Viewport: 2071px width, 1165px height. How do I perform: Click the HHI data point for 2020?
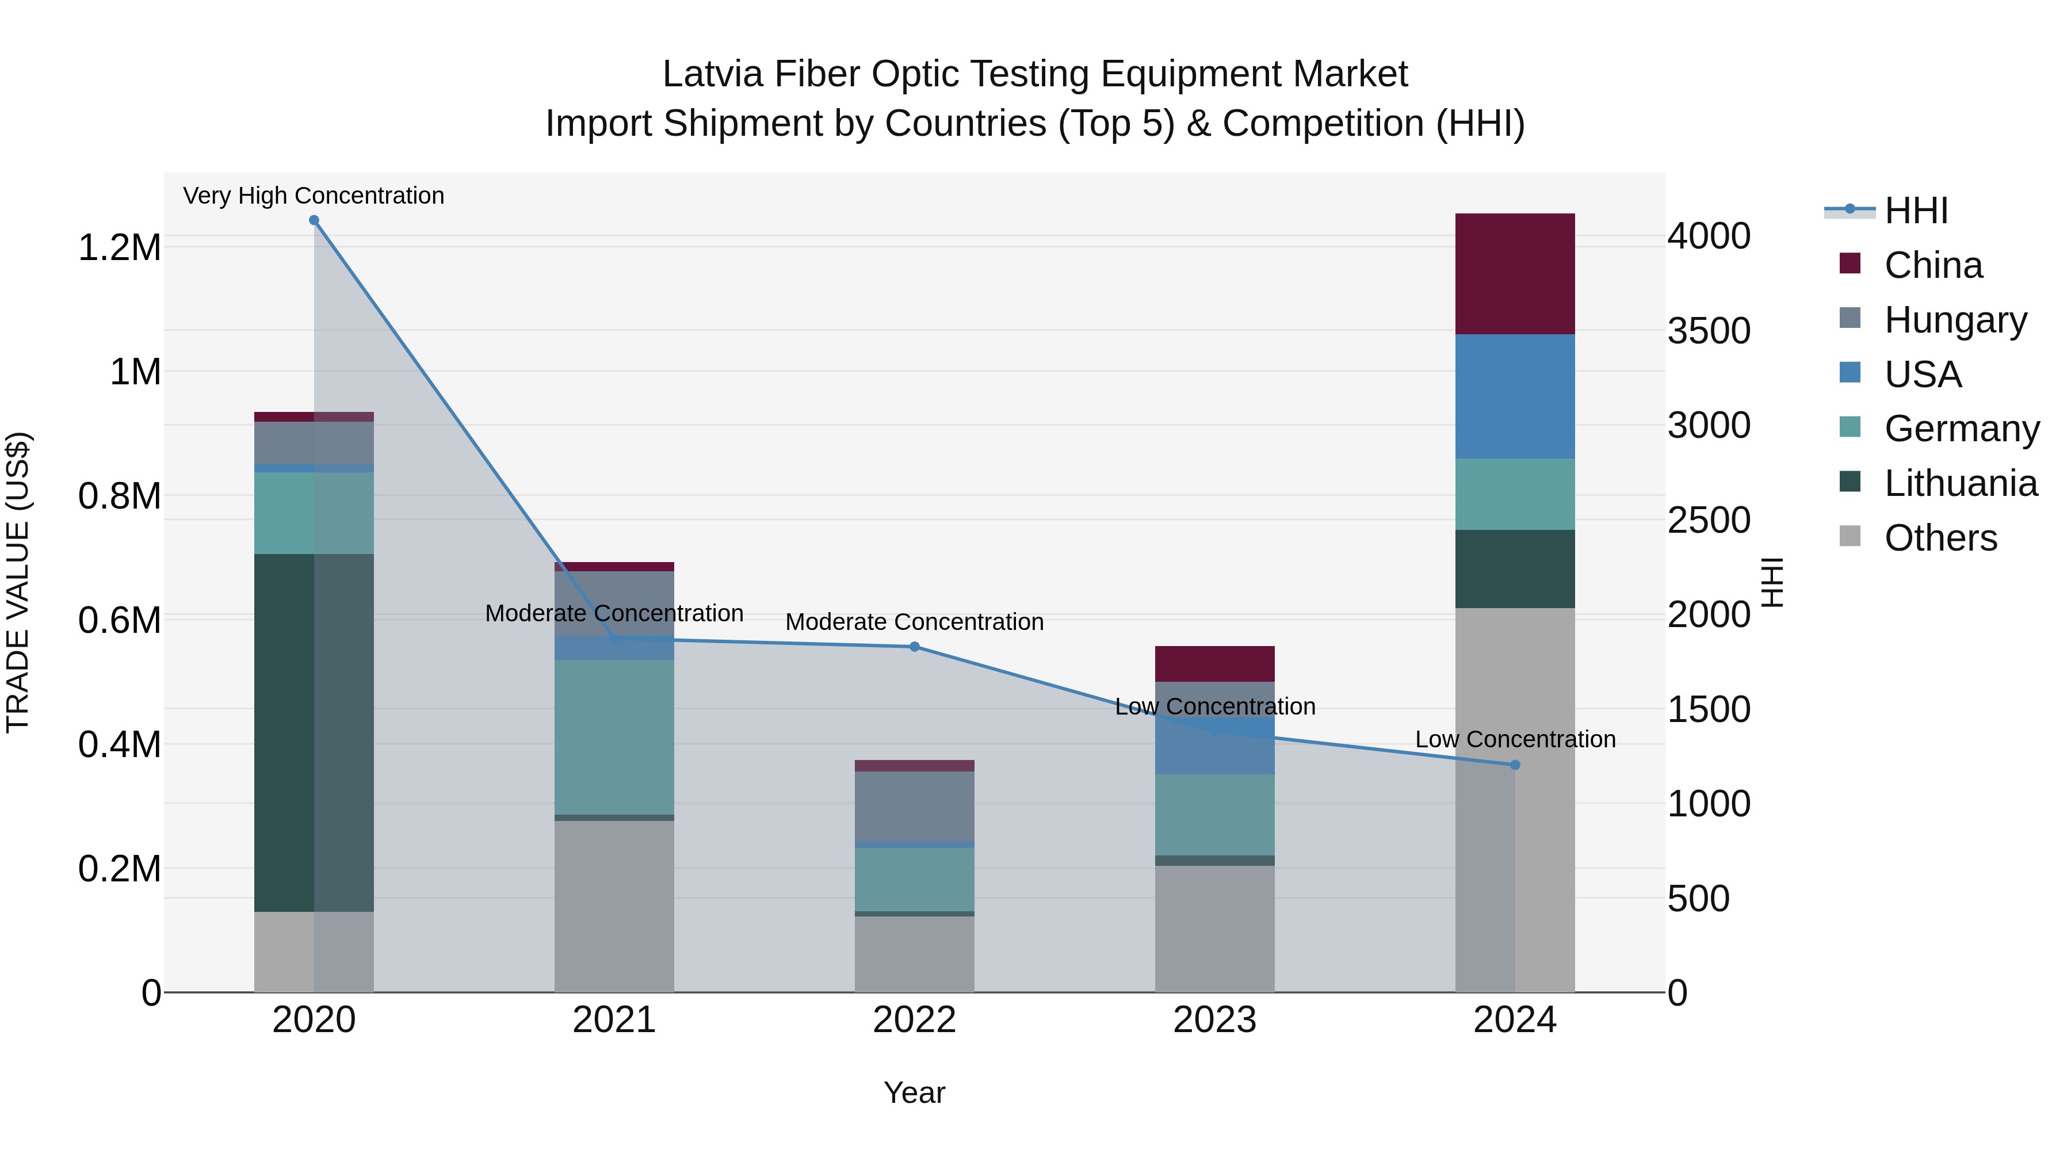click(x=314, y=220)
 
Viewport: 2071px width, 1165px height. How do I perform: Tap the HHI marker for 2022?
click(x=914, y=647)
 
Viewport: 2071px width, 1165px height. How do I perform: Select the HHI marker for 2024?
click(x=1515, y=765)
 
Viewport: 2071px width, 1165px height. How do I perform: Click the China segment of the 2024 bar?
click(x=1515, y=273)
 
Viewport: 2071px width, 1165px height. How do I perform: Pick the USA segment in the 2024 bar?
click(x=1515, y=396)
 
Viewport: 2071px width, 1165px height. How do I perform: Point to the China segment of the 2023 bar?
click(x=1215, y=663)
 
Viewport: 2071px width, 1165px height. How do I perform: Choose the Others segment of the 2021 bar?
click(x=614, y=906)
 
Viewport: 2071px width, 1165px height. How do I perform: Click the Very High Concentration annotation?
click(x=314, y=196)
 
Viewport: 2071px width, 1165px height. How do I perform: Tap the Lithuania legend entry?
click(x=1959, y=483)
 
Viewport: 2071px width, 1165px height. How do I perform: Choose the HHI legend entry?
click(x=1915, y=211)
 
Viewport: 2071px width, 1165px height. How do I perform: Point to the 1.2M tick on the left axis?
click(x=120, y=247)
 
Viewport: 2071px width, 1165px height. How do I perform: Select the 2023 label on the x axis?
click(x=1215, y=1019)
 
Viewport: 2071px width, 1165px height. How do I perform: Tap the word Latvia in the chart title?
click(x=712, y=74)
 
